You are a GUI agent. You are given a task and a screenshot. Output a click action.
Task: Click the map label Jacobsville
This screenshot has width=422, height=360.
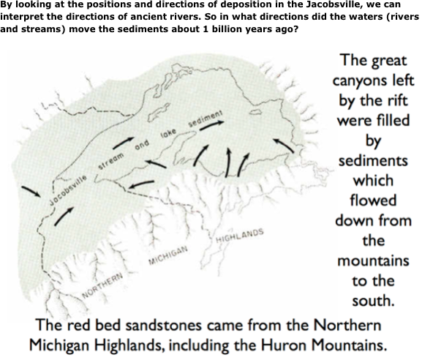(x=67, y=187)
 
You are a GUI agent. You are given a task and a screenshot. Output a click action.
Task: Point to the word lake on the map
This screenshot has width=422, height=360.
(x=170, y=132)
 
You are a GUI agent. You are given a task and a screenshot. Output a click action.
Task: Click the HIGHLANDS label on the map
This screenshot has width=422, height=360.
(x=239, y=237)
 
